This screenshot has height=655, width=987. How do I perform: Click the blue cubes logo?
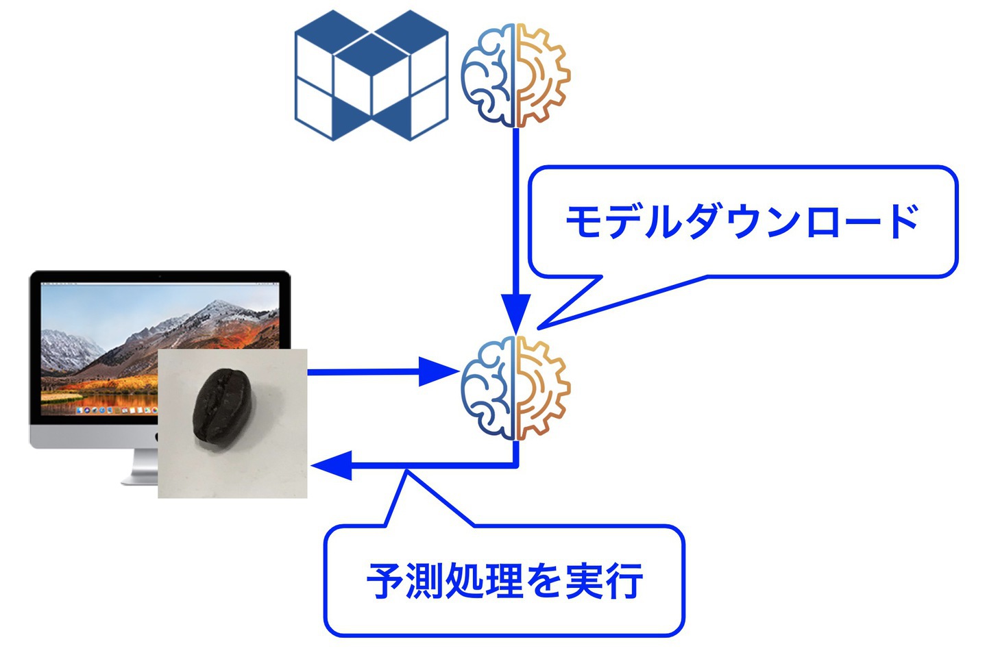371,75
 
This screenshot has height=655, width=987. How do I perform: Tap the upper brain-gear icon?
515,75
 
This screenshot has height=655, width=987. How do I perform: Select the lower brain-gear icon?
515,388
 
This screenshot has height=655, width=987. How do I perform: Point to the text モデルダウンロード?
742,221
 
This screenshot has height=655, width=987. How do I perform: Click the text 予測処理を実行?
504,581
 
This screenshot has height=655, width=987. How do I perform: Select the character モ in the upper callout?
584,221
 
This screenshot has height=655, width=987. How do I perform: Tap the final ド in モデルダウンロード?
901,221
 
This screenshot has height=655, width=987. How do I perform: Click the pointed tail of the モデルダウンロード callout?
539,328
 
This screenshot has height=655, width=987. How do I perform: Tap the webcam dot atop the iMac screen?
160,277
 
